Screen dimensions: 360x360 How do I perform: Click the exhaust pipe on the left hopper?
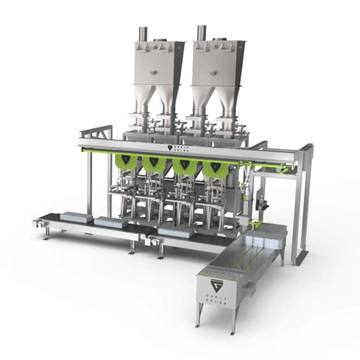tap(143, 33)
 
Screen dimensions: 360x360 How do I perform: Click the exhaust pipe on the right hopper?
tap(201, 32)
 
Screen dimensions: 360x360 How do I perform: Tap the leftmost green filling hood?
tap(126, 163)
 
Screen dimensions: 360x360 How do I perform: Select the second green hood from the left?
tap(155, 165)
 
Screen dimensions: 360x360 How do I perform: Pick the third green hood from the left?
tap(184, 166)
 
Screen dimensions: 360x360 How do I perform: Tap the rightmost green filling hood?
tap(214, 168)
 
